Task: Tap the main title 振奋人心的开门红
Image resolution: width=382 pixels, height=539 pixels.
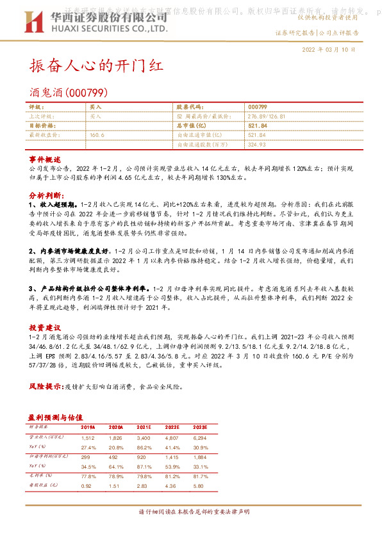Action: click(97, 66)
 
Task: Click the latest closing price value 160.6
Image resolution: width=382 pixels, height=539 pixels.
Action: click(97, 135)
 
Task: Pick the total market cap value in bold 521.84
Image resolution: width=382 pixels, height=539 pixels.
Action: click(258, 125)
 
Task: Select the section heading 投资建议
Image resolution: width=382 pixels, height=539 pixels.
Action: click(45, 326)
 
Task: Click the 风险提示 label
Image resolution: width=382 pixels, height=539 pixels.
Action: click(46, 387)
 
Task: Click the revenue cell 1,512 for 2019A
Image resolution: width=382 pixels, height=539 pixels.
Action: click(87, 438)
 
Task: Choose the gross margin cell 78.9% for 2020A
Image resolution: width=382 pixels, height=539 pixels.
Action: click(116, 476)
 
